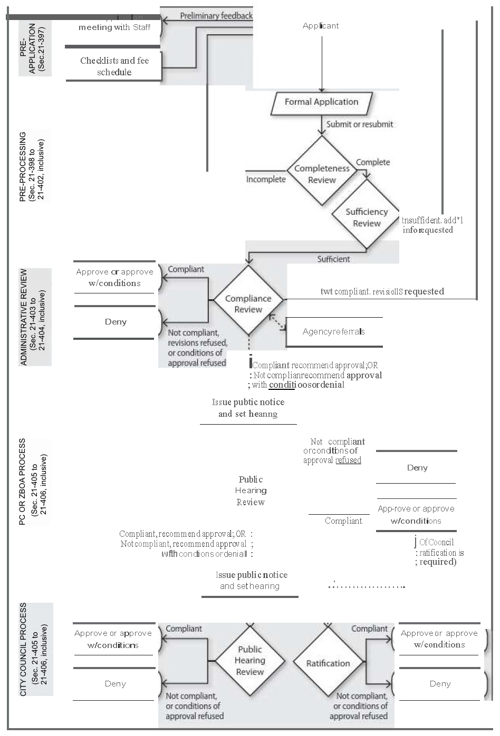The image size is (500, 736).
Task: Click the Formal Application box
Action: click(x=321, y=103)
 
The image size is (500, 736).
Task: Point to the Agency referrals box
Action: click(x=334, y=332)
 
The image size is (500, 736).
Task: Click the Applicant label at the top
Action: click(x=321, y=26)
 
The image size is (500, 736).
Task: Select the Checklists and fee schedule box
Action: click(x=114, y=66)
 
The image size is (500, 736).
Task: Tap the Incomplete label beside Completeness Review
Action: click(x=266, y=179)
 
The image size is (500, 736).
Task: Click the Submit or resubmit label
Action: click(x=359, y=124)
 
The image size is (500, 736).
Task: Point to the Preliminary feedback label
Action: click(x=216, y=16)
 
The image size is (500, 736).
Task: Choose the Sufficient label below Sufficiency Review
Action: click(x=333, y=259)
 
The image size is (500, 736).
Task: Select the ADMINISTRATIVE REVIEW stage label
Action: click(x=35, y=318)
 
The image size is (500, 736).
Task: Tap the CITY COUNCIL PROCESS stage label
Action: click(x=35, y=649)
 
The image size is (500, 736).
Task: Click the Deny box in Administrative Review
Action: click(x=115, y=322)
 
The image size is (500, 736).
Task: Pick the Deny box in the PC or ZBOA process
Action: click(x=417, y=467)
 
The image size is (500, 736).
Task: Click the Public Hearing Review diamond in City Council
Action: click(x=249, y=661)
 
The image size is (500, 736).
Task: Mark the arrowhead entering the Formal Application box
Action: click(x=321, y=91)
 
